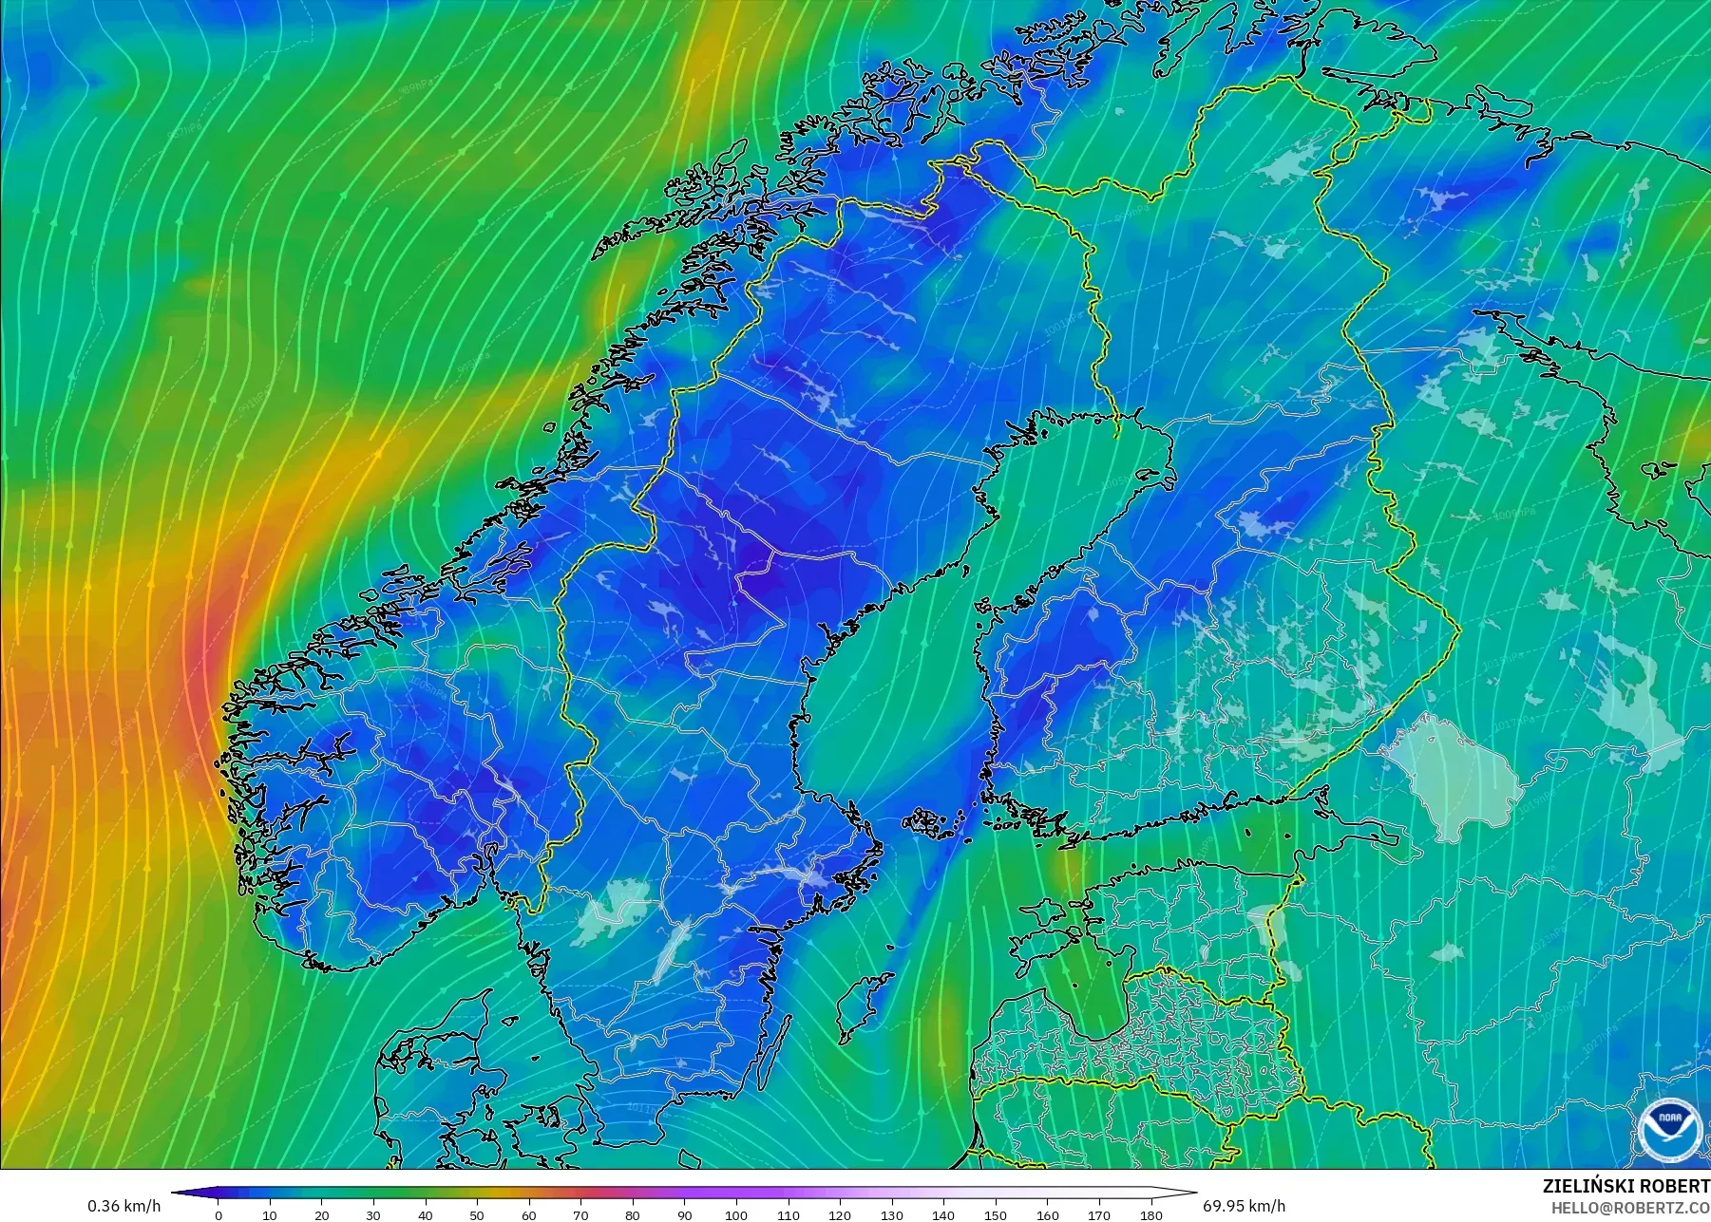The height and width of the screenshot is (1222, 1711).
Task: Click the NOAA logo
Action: click(x=1667, y=1129)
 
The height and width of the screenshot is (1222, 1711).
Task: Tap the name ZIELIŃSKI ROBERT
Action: click(x=1625, y=1186)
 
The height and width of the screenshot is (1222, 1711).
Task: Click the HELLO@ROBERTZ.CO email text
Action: click(x=1630, y=1208)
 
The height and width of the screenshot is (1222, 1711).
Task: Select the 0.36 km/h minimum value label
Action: click(x=124, y=1206)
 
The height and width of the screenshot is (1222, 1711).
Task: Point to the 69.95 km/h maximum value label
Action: click(x=1244, y=1206)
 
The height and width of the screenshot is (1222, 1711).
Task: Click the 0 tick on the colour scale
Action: click(x=219, y=1214)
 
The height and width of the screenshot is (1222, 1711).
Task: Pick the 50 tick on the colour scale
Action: click(x=477, y=1214)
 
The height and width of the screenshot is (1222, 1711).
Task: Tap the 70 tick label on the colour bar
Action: click(x=580, y=1214)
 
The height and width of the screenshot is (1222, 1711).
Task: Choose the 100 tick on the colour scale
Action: click(x=735, y=1214)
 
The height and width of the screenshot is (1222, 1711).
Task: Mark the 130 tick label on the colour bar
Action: click(x=891, y=1214)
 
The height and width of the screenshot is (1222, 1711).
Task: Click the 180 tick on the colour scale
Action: click(x=1150, y=1214)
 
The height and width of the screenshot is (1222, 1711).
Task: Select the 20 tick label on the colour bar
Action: click(x=322, y=1214)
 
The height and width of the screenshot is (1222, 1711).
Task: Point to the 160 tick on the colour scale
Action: click(x=1047, y=1214)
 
